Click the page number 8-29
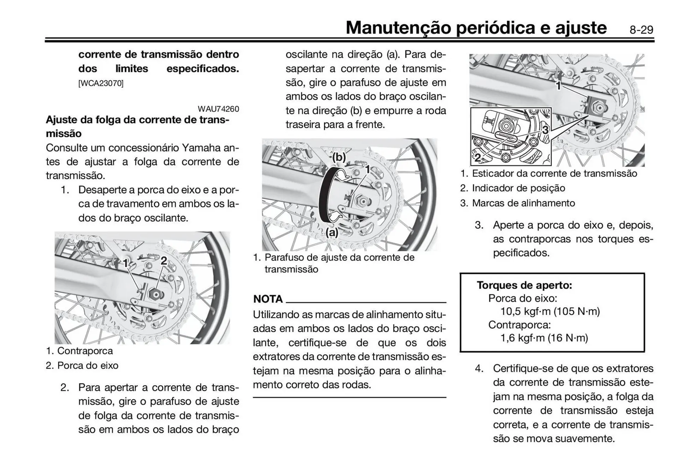(641, 30)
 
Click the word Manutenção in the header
(398, 28)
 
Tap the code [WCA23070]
(101, 83)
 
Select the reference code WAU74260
(218, 109)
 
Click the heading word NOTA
(268, 299)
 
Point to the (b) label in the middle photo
(339, 157)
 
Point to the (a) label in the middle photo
(332, 233)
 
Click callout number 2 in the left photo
(164, 261)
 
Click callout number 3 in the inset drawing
(545, 130)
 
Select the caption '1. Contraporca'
(79, 351)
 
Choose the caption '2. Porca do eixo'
(82, 365)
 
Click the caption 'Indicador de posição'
(518, 188)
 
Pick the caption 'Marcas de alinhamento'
(523, 203)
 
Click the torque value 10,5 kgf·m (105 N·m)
(550, 311)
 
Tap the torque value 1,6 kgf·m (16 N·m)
(544, 338)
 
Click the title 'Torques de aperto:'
(524, 285)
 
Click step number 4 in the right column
(479, 368)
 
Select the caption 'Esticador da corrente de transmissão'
(554, 173)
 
